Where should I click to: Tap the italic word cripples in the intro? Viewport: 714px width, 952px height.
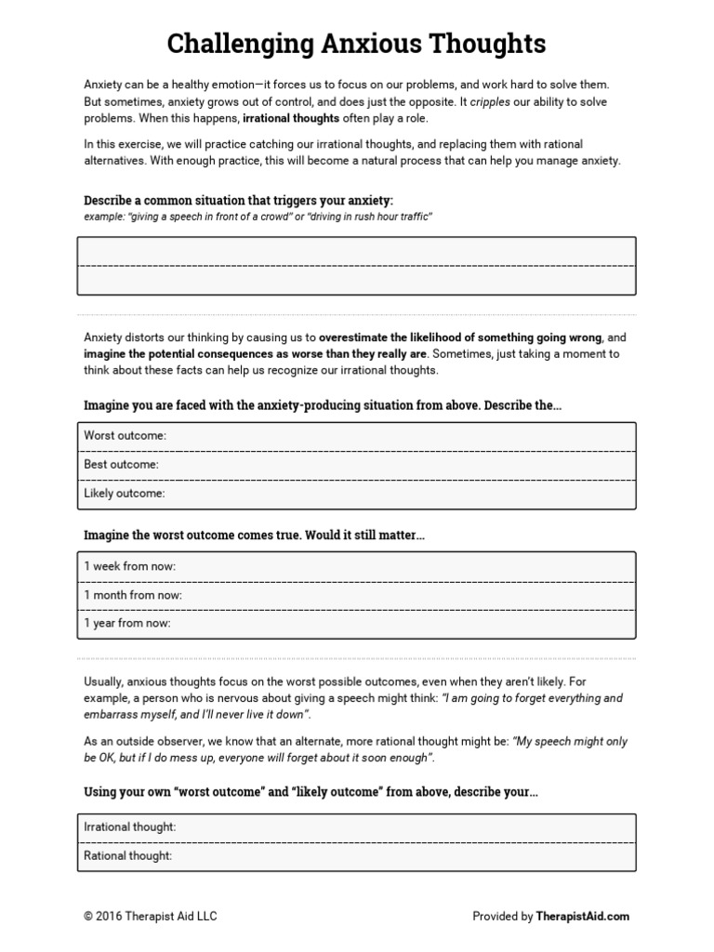(x=491, y=101)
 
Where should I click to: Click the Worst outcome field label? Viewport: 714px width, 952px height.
(x=125, y=435)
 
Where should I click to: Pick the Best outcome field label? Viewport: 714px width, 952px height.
(x=121, y=464)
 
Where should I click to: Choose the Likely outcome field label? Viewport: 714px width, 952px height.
(x=125, y=494)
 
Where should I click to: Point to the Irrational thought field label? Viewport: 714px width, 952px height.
(x=130, y=826)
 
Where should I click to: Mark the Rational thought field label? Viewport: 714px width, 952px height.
(x=127, y=856)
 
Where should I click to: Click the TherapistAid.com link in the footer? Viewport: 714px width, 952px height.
(x=583, y=916)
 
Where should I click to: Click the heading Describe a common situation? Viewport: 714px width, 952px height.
(x=238, y=200)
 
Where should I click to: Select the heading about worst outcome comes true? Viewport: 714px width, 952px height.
(x=254, y=535)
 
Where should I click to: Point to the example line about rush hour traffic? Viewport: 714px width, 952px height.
(x=258, y=216)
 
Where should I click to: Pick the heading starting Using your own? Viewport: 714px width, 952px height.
(x=311, y=793)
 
